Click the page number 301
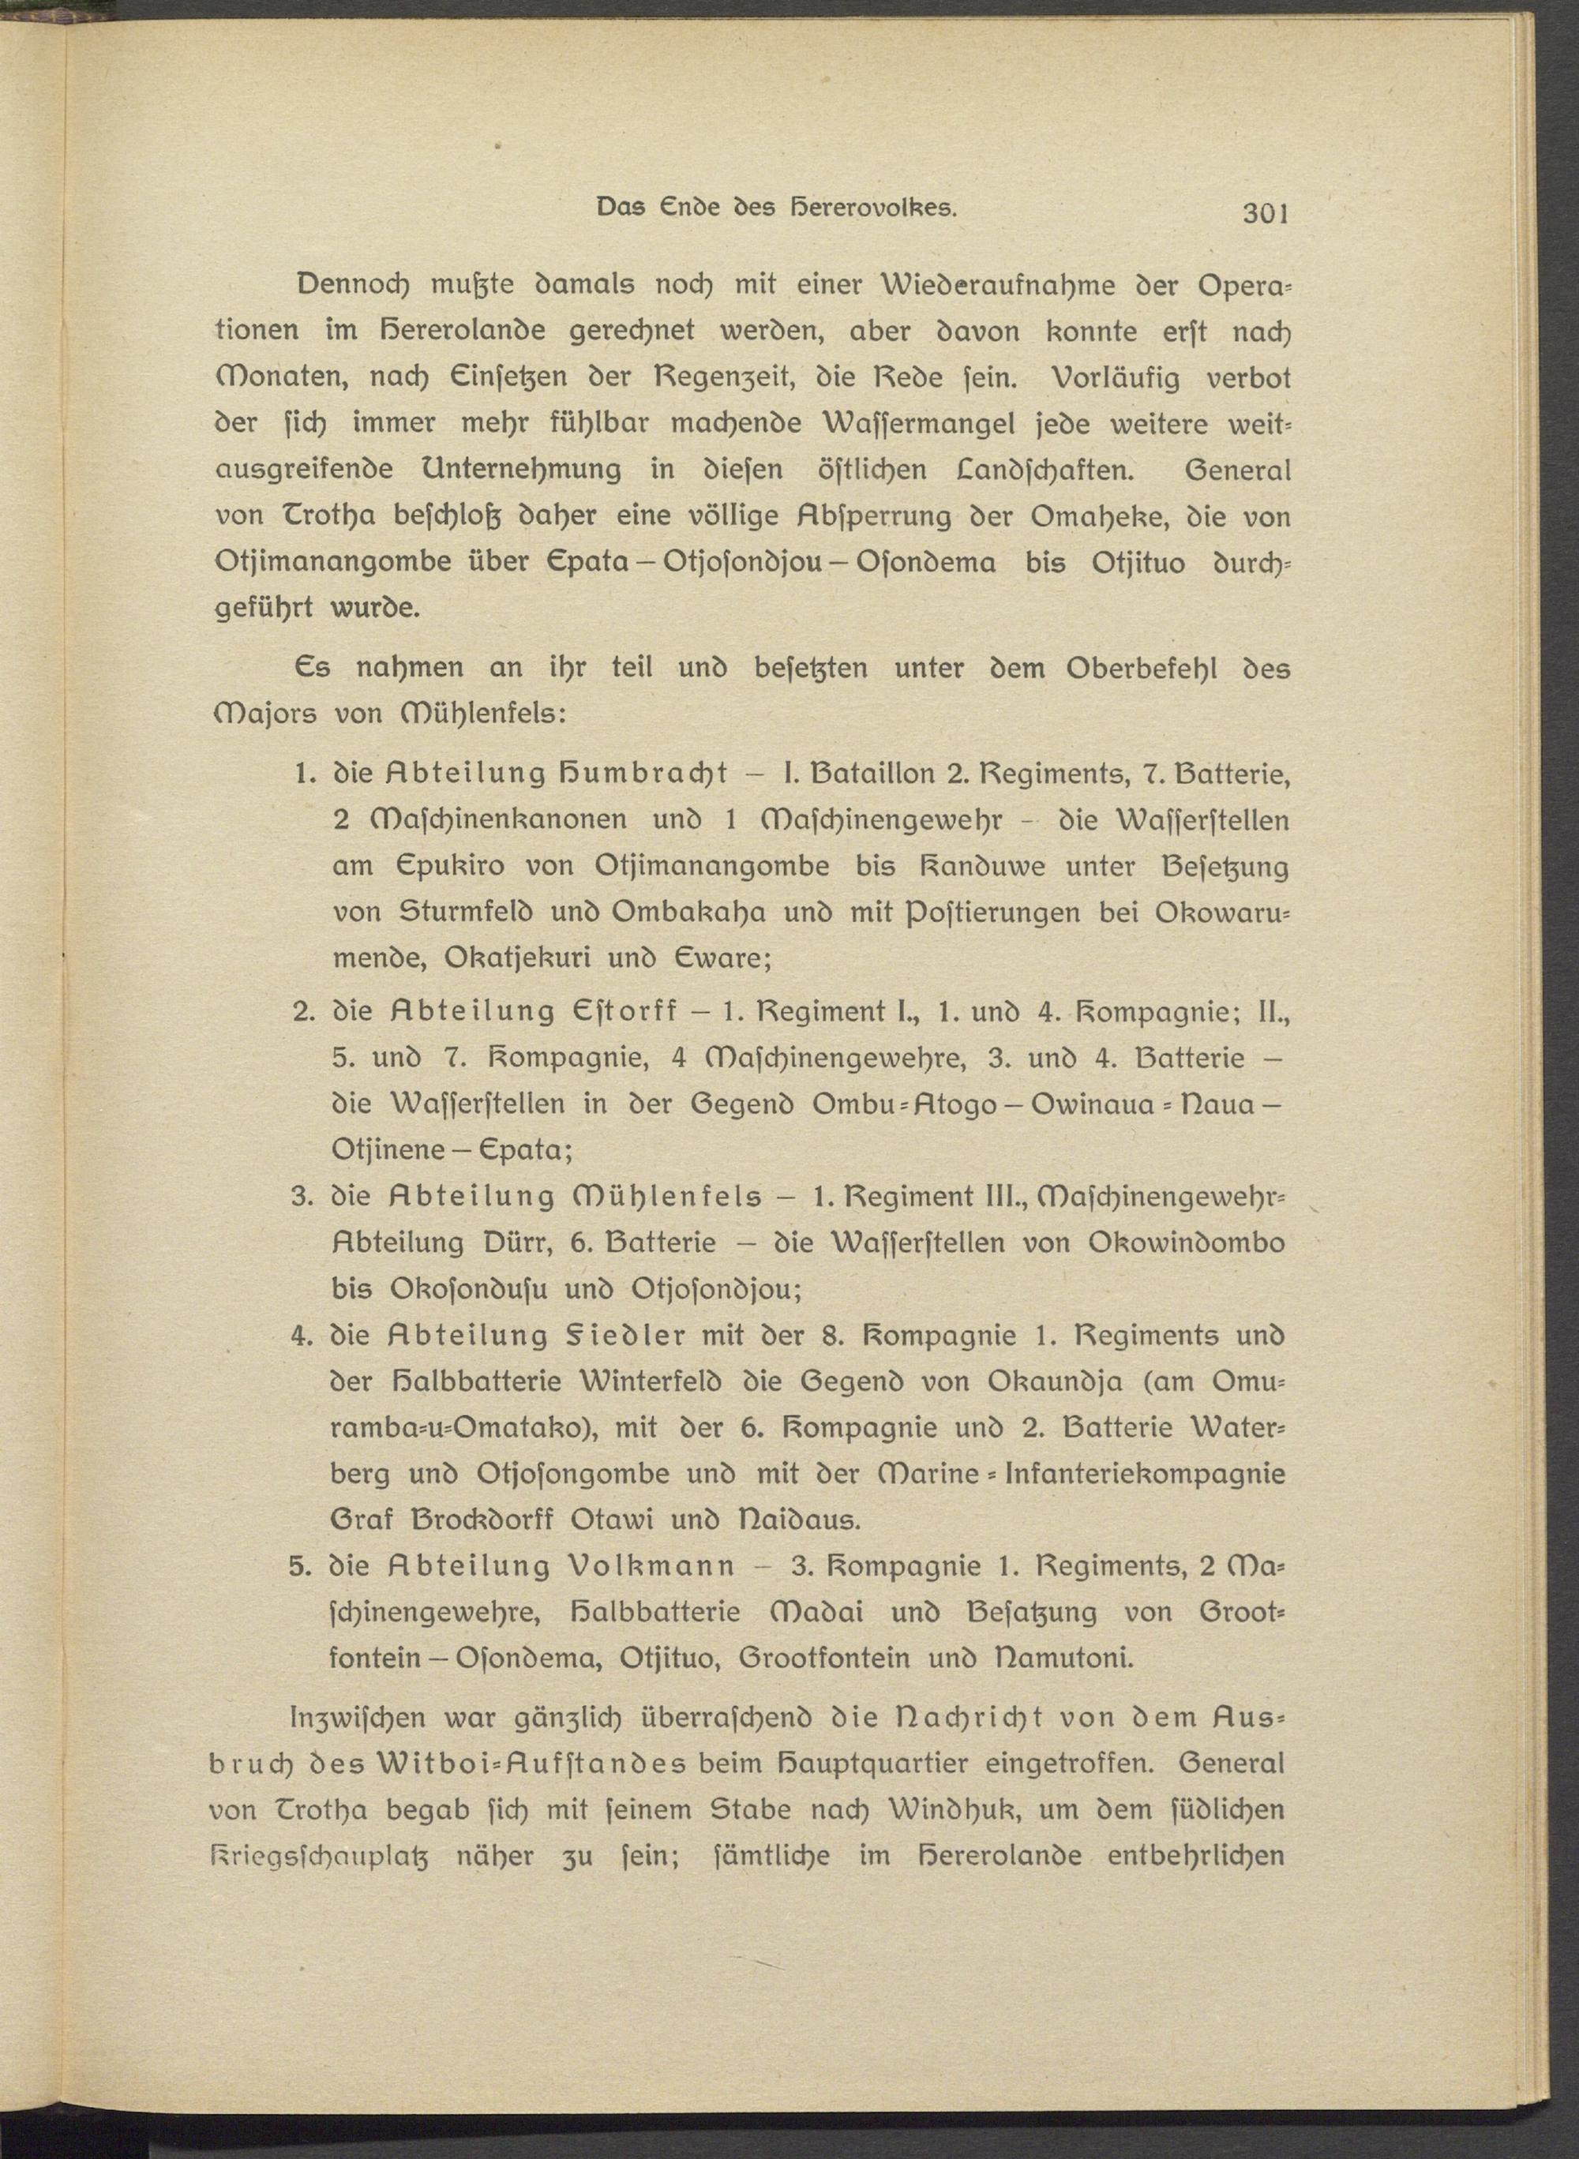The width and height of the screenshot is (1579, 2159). (x=1266, y=214)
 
